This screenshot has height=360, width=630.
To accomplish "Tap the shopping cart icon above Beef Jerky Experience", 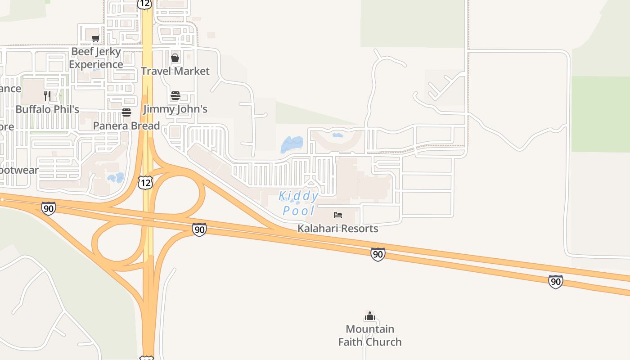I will pyautogui.click(x=95, y=39).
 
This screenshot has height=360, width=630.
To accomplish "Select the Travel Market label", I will pyautogui.click(x=175, y=71).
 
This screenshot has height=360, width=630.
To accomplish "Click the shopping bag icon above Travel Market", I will pyautogui.click(x=175, y=58).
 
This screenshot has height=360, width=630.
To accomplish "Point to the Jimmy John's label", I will pyautogui.click(x=175, y=109).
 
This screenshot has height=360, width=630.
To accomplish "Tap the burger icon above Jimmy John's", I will pyautogui.click(x=175, y=96).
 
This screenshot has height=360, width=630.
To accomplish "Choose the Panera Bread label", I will pyautogui.click(x=126, y=126).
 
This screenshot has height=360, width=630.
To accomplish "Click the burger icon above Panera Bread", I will pyautogui.click(x=126, y=112).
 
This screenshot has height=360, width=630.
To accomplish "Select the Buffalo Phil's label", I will pyautogui.click(x=47, y=109).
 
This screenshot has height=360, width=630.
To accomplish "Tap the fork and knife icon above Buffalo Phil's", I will pyautogui.click(x=47, y=96).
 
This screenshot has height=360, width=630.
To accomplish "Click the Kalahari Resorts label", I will pyautogui.click(x=337, y=229).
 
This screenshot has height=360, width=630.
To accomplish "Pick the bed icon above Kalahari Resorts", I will pyautogui.click(x=338, y=215).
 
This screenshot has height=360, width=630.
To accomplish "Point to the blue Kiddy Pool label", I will pyautogui.click(x=299, y=203).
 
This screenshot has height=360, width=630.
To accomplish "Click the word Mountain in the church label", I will pyautogui.click(x=370, y=329).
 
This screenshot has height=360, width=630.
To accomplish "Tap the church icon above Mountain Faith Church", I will pyautogui.click(x=370, y=316).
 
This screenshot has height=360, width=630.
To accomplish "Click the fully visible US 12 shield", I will pyautogui.click(x=145, y=182).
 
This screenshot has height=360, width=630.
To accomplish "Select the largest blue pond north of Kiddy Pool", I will pyautogui.click(x=292, y=144).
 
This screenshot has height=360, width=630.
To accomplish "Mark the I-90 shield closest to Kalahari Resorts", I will pyautogui.click(x=378, y=254).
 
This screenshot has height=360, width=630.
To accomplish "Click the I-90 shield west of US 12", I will pyautogui.click(x=48, y=208).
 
